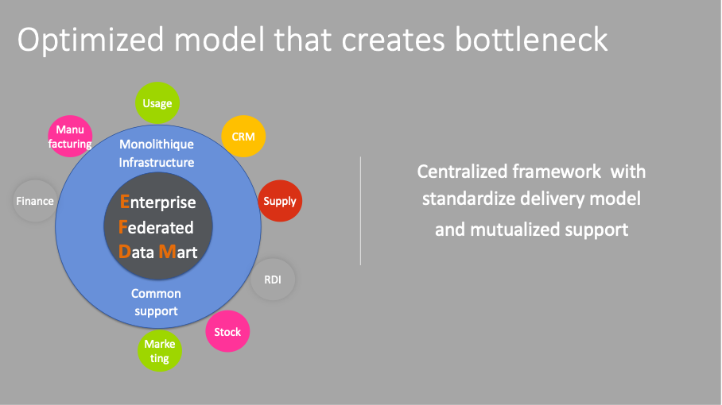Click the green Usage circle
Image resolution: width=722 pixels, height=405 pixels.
coord(157,103)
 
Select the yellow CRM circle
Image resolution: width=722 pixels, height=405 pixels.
coord(243,137)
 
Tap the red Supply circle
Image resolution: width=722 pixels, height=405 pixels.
coord(280,201)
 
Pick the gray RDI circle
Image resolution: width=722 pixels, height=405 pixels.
coord(273,280)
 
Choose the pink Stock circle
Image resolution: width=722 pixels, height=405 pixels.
coord(227,331)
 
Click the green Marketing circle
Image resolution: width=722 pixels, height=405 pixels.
coord(160,351)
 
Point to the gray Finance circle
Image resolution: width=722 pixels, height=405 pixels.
coord(35,201)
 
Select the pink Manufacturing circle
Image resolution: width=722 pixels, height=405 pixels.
coord(70,136)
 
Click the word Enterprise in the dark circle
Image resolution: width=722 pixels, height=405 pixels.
coord(158,202)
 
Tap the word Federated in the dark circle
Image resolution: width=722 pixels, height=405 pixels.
coord(156,227)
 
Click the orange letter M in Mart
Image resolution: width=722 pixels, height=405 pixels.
coord(167,252)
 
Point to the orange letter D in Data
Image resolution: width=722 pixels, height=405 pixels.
coord(124,252)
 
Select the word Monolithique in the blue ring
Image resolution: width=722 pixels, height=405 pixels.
coord(157,145)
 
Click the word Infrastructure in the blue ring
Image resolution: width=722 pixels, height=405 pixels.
coord(157,162)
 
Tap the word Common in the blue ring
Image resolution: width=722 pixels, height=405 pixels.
coord(156,293)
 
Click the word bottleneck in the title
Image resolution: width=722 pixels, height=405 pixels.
coord(531,40)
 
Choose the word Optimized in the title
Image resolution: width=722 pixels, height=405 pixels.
coord(91,40)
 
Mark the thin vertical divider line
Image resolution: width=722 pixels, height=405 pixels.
coord(360,211)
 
